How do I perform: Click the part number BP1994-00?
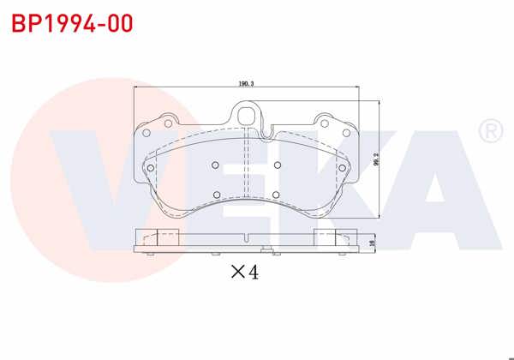pos(72,23)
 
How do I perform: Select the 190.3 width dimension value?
pos(248,84)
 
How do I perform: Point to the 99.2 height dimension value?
pos(376,160)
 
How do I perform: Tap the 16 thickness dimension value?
pos(373,243)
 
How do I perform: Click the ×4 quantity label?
pos(244,273)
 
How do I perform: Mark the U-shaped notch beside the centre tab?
pos(267,131)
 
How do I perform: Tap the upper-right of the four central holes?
pos(277,165)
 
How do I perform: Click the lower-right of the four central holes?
pos(277,194)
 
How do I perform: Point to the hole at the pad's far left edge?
pos(151,167)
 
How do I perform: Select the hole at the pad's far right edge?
pos(345,167)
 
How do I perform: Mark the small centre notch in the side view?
pos(247,237)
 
